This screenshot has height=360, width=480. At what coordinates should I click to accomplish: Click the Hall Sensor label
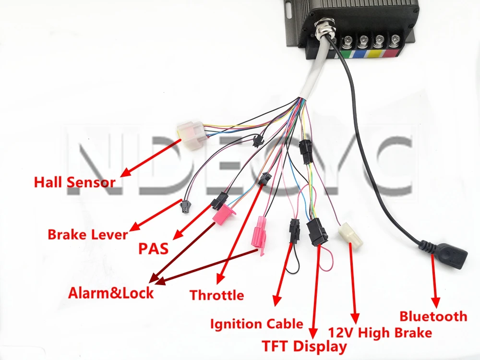click(75, 182)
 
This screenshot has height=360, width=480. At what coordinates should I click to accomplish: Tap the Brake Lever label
click(88, 235)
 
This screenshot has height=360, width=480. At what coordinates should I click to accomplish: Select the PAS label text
click(154, 249)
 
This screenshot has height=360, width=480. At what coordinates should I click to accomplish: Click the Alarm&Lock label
click(111, 292)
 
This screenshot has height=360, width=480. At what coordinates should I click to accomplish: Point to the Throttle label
click(216, 294)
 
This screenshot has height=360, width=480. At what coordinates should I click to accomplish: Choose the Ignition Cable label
click(257, 324)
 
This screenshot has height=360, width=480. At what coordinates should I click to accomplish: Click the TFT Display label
click(304, 346)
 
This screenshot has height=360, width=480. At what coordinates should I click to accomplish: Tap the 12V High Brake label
click(380, 332)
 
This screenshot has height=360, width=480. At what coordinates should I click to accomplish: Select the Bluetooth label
click(433, 316)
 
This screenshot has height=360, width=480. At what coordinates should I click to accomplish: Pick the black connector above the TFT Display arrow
click(317, 231)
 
